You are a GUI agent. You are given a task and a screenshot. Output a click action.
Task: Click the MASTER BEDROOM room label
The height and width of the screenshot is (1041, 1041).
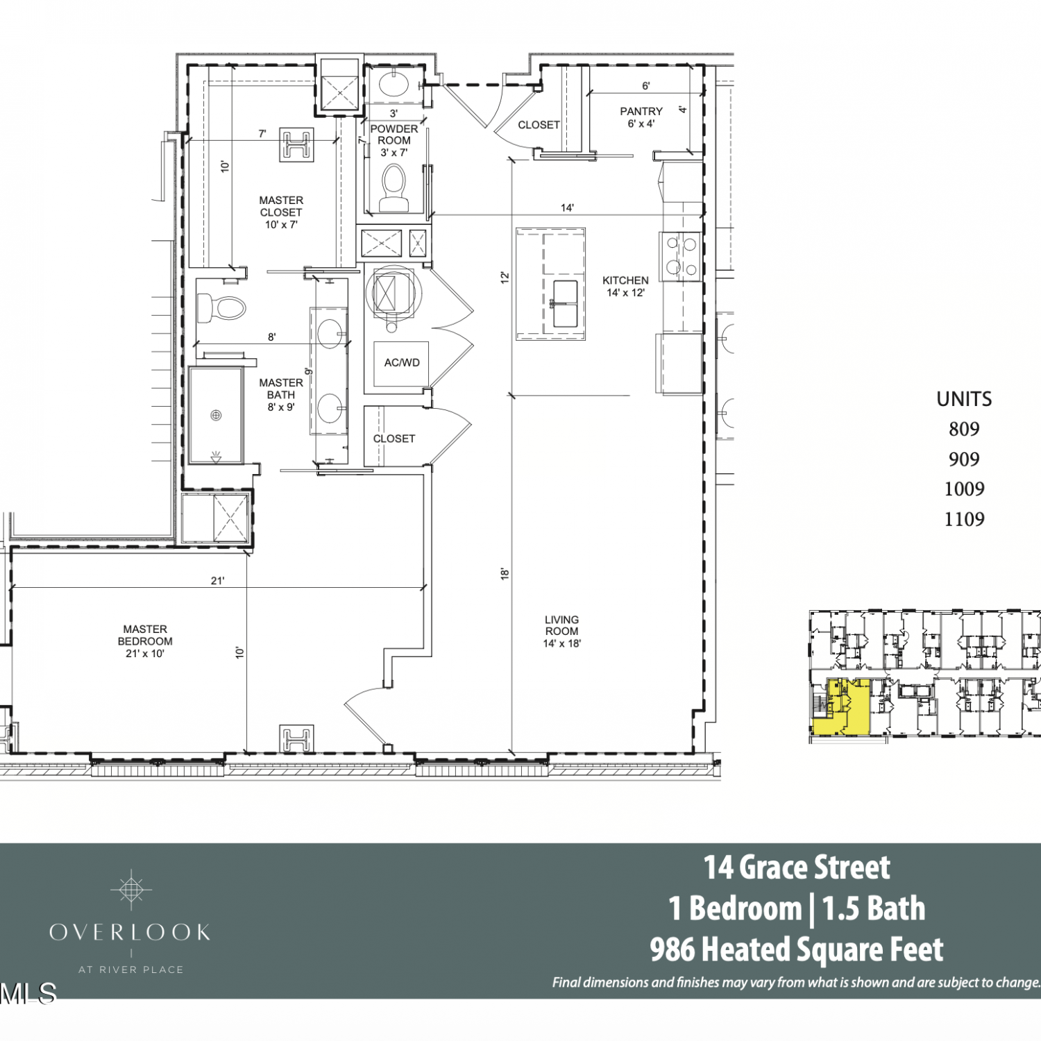(145, 641)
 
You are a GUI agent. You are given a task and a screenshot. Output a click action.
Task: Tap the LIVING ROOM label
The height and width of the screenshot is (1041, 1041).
(561, 632)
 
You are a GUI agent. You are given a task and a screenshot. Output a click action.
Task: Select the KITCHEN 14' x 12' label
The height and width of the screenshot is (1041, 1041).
(625, 287)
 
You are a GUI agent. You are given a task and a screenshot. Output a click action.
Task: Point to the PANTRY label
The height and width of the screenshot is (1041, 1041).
(641, 111)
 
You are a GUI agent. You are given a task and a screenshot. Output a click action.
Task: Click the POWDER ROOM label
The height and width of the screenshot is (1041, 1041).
(394, 135)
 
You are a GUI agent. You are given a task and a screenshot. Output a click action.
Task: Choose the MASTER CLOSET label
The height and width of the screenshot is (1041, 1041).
(281, 206)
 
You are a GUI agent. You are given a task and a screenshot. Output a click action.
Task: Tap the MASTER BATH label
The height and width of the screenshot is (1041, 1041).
(281, 389)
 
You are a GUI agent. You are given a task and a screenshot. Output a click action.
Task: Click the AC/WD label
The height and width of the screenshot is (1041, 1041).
(402, 362)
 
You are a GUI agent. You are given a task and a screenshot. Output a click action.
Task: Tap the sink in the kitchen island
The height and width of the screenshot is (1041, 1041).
(565, 304)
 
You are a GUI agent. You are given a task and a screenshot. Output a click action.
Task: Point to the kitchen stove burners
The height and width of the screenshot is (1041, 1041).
(681, 255)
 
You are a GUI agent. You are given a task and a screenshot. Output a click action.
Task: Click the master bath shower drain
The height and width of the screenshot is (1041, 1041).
(216, 415)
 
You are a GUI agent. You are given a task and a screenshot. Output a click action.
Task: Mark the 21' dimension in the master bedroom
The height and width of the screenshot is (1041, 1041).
(218, 581)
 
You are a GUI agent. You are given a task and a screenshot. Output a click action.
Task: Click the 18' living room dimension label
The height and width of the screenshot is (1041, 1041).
(505, 574)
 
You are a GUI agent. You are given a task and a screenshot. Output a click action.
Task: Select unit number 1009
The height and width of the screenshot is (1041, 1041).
(964, 489)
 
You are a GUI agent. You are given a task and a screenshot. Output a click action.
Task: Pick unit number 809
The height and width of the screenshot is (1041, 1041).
(964, 429)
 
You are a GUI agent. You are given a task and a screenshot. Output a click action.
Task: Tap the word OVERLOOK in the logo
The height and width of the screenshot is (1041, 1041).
(130, 932)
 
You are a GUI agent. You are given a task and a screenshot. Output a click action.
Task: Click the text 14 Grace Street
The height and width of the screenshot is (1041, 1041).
(797, 867)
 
